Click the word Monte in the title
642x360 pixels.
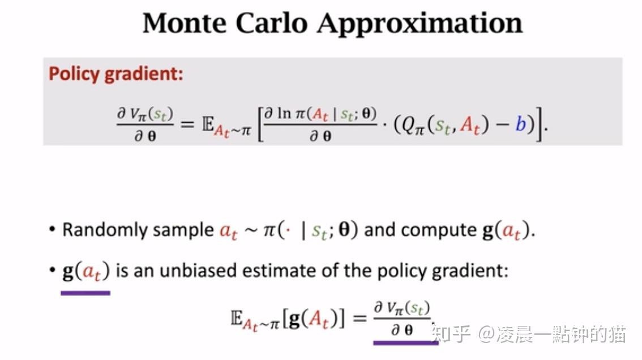click(183, 24)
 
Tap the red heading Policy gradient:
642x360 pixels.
click(115, 74)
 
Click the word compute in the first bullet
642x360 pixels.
click(438, 230)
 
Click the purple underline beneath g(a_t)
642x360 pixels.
click(85, 293)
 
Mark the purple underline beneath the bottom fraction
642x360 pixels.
click(405, 342)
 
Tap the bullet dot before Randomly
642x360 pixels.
click(52, 230)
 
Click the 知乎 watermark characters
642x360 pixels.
click(451, 333)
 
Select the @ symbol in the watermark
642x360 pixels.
click(486, 334)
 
